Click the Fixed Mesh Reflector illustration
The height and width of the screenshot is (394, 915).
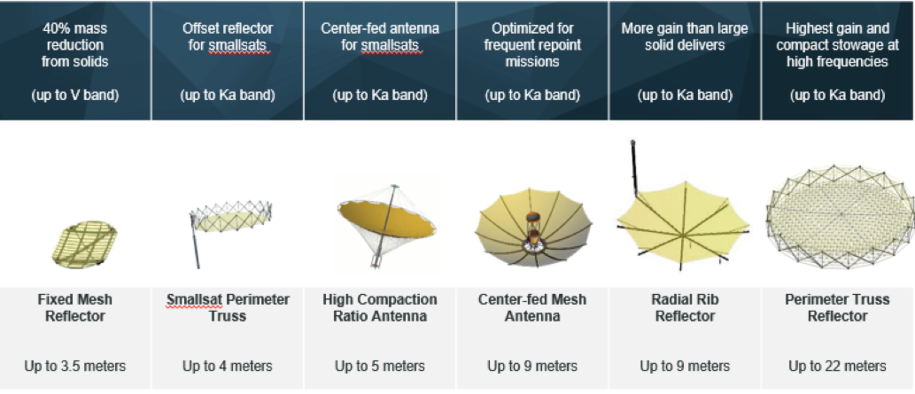pyautogui.click(x=85, y=244)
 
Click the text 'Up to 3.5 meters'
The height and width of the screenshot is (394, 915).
pyautogui.click(x=75, y=366)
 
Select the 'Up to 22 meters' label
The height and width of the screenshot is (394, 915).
pyautogui.click(x=837, y=366)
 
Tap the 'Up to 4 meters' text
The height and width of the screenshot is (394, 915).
pyautogui.click(x=227, y=366)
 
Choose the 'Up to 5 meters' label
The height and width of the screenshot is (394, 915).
pyautogui.click(x=380, y=366)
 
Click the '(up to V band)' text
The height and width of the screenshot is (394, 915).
pyautogui.click(x=75, y=95)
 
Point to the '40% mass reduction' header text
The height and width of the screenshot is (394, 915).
pyautogui.click(x=75, y=45)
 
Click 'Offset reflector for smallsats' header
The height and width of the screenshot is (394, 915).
pyautogui.click(x=228, y=37)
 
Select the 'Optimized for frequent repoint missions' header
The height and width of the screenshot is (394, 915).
pyautogui.click(x=533, y=45)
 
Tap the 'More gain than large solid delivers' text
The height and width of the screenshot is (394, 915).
pyautogui.click(x=684, y=37)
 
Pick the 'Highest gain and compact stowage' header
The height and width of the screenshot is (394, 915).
pyautogui.click(x=837, y=45)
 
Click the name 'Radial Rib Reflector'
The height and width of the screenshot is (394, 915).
pyautogui.click(x=685, y=308)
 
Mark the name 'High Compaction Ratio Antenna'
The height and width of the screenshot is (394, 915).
pyautogui.click(x=380, y=308)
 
